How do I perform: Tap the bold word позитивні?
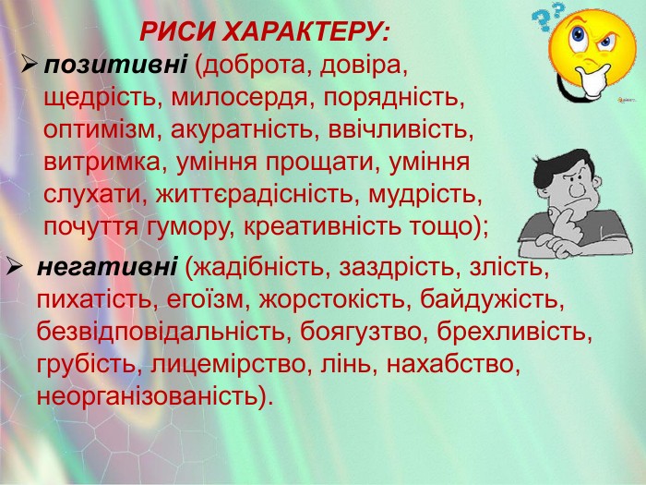[115, 65]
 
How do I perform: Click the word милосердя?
[239, 98]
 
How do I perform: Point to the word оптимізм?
[99, 130]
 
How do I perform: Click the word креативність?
[322, 226]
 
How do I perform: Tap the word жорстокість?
[332, 299]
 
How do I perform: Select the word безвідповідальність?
[161, 332]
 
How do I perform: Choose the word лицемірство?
[227, 364]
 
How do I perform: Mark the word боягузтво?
[361, 332]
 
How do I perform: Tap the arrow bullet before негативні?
[14, 267]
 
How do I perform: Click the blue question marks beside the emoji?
[547, 17]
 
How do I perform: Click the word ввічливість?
[401, 130]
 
